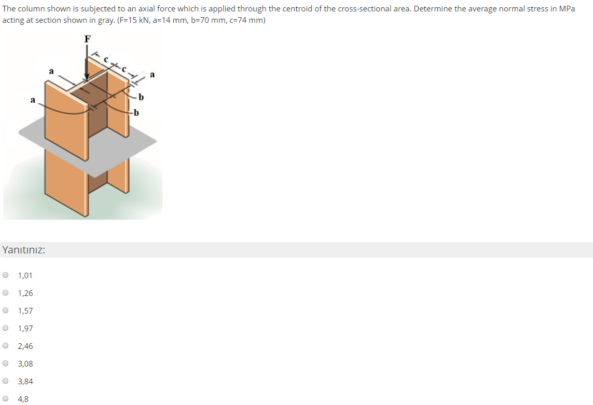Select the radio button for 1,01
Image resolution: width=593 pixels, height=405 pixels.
coord(6,275)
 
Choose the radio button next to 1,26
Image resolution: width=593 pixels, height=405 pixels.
coord(6,293)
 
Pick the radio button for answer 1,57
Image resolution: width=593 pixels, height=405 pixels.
coord(6,310)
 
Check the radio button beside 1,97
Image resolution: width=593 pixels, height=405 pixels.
coord(6,328)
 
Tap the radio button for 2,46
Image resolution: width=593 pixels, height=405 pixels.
coord(6,346)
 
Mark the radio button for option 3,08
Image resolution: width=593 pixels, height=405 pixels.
coord(6,363)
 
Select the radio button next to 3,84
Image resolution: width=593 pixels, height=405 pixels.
coord(6,381)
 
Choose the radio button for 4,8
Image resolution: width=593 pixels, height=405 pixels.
coord(6,399)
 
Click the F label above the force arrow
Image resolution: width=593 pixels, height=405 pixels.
coord(87,38)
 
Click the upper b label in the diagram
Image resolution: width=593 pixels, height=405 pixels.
coord(141,97)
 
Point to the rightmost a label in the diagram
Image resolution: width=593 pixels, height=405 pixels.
coord(151,75)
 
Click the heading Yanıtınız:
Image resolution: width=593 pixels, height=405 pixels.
coord(23,250)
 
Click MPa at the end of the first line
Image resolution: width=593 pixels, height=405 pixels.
coord(566,9)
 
